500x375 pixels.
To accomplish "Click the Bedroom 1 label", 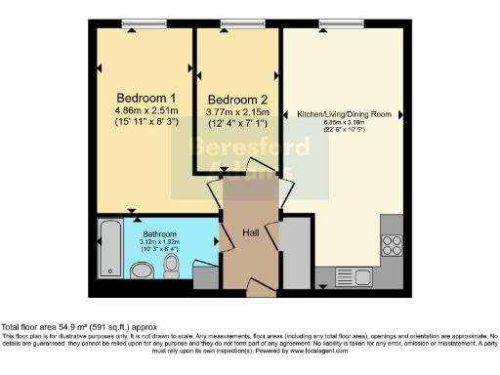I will pos(146,99).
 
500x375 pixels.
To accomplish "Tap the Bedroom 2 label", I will pos(237,101).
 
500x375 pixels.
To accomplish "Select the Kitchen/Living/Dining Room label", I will pos(345,115).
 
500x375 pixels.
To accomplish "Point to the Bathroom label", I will pos(159,235).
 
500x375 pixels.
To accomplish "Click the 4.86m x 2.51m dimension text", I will pos(146,112).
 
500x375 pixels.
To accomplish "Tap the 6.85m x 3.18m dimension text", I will pos(345,124).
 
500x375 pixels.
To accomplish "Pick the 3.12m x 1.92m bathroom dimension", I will pos(159,244).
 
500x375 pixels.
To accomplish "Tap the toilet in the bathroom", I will pos(172,264).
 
